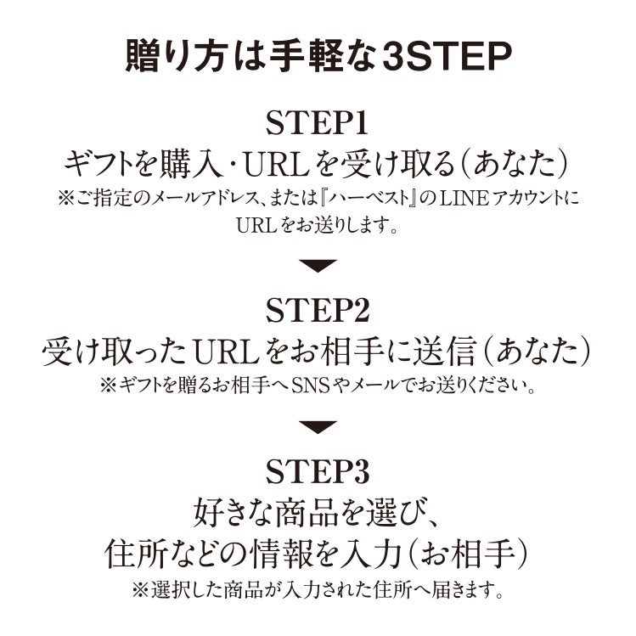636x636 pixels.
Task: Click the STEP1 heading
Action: pyautogui.click(x=318, y=124)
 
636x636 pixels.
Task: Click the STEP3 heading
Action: pyautogui.click(x=318, y=472)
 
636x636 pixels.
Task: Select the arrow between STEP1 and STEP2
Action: pyautogui.click(x=318, y=266)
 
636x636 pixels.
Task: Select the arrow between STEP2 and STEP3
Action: pyautogui.click(x=318, y=427)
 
